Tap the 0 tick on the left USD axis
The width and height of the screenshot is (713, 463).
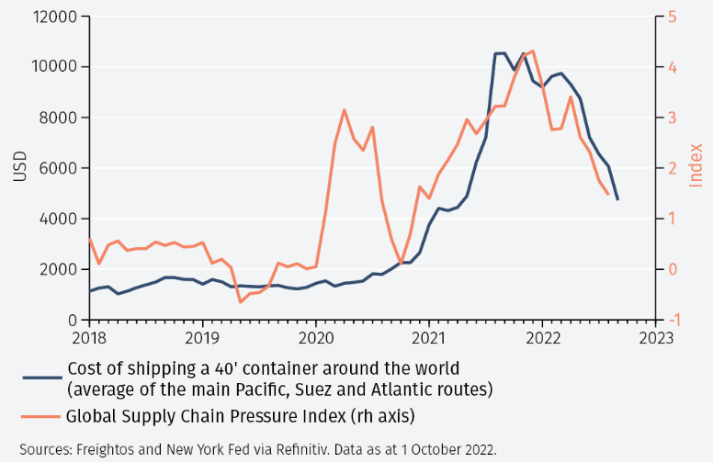pyautogui.click(x=74, y=320)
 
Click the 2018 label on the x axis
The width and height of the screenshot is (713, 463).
pyautogui.click(x=89, y=337)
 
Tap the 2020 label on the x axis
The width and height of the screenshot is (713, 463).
pyautogui.click(x=315, y=337)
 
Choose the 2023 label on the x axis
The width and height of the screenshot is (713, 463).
pyautogui.click(x=654, y=337)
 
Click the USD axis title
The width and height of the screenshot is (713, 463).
pyautogui.click(x=20, y=167)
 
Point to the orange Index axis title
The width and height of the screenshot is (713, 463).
pyautogui.click(x=696, y=165)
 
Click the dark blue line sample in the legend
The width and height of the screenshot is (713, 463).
pyautogui.click(x=41, y=378)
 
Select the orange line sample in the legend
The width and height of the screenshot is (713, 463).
pyautogui.click(x=41, y=416)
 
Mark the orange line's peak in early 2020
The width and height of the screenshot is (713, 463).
pyautogui.click(x=344, y=109)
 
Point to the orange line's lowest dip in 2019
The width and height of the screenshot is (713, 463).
pyautogui.click(x=241, y=301)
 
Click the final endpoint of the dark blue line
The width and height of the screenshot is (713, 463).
pyautogui.click(x=617, y=199)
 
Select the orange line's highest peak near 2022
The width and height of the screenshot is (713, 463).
pyautogui.click(x=533, y=51)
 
